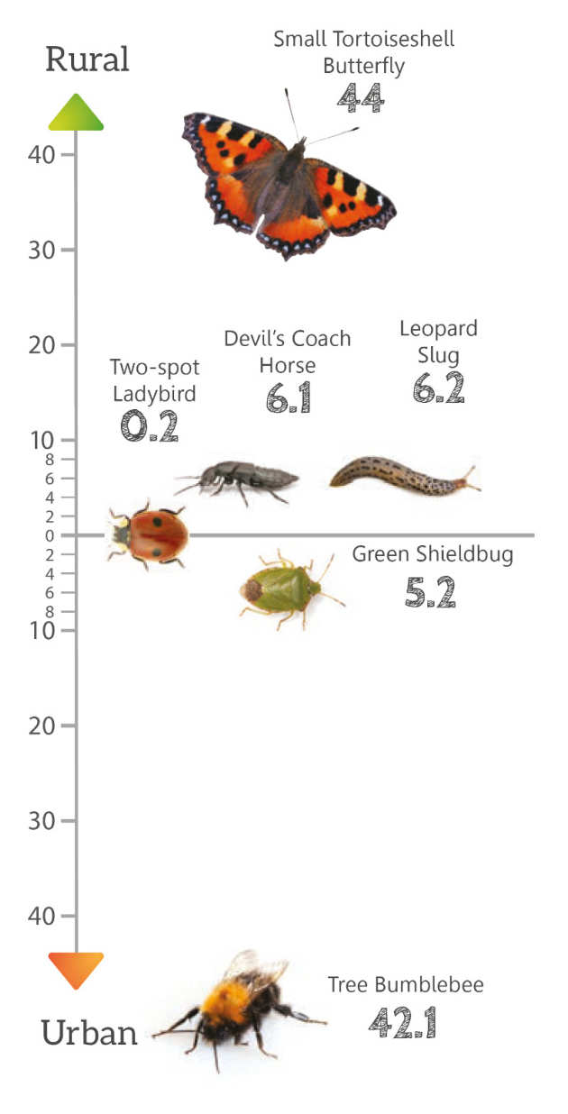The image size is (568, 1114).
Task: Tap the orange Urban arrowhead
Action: [76, 969]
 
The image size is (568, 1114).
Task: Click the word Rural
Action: [87, 60]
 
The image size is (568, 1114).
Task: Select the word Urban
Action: [89, 1033]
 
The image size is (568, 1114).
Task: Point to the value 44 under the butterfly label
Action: [361, 97]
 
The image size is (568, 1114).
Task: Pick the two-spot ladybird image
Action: [148, 535]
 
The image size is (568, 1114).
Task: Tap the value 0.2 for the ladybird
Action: [149, 425]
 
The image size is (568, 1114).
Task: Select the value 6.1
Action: [288, 397]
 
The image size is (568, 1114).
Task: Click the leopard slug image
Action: [404, 475]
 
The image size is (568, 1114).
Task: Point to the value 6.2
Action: [438, 388]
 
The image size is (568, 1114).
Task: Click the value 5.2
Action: [429, 592]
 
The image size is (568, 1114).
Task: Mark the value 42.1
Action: [402, 1022]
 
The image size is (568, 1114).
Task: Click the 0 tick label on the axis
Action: [49, 535]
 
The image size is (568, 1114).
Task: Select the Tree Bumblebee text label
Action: [406, 984]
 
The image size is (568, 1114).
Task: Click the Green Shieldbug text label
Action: [432, 553]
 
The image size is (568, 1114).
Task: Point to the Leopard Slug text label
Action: [438, 341]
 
